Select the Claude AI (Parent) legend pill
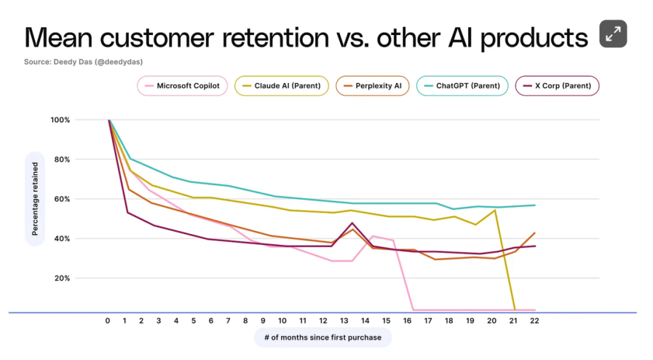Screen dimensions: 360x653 (x=282, y=86)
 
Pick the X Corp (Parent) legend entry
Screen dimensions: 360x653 (x=557, y=86)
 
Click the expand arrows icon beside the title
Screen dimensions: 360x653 (x=613, y=34)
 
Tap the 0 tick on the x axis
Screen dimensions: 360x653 (x=108, y=321)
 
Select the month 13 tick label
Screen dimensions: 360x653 (x=345, y=321)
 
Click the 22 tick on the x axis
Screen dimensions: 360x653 (x=534, y=321)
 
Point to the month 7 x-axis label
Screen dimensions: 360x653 (x=229, y=321)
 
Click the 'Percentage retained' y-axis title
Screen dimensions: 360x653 (x=35, y=199)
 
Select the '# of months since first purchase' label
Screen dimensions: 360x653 (x=323, y=337)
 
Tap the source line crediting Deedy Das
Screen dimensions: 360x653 (x=83, y=62)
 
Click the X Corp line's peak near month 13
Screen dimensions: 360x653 (x=352, y=223)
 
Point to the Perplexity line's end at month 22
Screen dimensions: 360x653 (x=534, y=233)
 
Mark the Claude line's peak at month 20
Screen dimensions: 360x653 (x=495, y=210)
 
